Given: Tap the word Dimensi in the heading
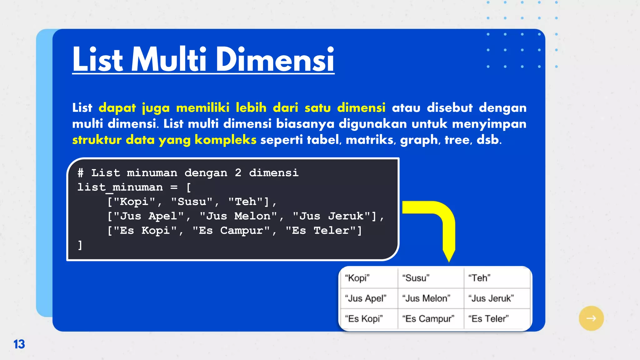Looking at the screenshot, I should pos(275,59).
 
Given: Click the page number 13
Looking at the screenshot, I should pos(19,344).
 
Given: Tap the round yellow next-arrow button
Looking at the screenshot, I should pos(591,318).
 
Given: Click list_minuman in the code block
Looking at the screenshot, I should pos(120,187).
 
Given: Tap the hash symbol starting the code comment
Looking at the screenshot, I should pos(81,173).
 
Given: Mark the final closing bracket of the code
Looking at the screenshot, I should pos(80,245).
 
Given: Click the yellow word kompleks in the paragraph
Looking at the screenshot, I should pos(225,140).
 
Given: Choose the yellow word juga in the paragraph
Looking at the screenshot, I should pos(156,108).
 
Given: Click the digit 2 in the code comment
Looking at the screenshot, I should pos(238,173).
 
